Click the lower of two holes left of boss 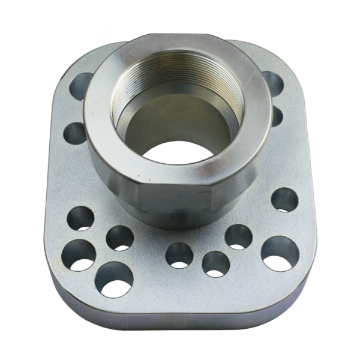click(x=76, y=133)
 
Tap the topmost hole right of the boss click(x=273, y=83)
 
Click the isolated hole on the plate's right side click(x=284, y=200)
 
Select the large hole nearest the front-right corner click(x=280, y=253)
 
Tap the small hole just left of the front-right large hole click(x=238, y=236)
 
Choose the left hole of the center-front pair click(x=179, y=255)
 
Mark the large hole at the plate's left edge click(x=79, y=254)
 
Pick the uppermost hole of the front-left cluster click(x=80, y=218)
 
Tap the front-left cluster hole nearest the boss click(x=120, y=238)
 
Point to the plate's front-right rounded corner click(x=300, y=294)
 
